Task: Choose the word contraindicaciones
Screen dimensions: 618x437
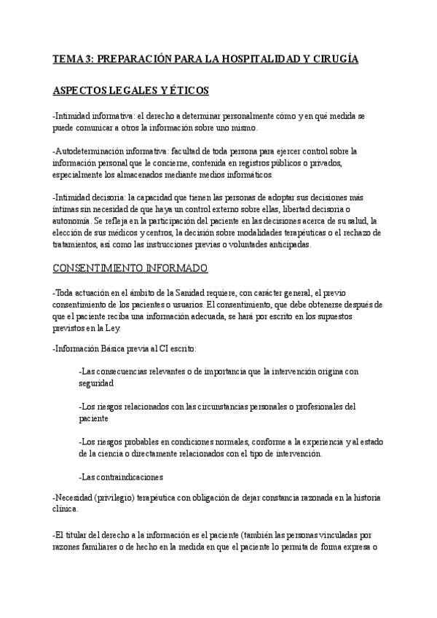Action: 126,477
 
